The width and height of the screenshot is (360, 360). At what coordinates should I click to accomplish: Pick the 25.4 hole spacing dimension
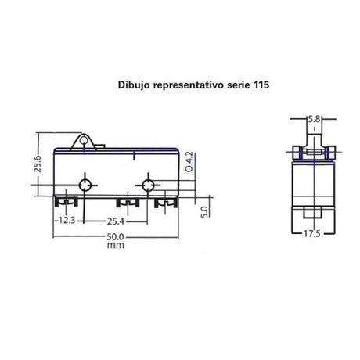pos(115,221)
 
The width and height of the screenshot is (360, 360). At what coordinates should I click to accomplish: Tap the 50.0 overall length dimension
pos(116,236)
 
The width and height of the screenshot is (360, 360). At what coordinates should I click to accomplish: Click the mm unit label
pos(116,246)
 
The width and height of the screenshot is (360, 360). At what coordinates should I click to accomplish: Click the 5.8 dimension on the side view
pos(312,120)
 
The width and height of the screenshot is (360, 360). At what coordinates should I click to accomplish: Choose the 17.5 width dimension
pos(312,233)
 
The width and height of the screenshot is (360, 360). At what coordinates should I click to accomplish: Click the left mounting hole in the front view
pos(85,185)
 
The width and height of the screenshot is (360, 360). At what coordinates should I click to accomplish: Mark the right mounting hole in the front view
pos(146,185)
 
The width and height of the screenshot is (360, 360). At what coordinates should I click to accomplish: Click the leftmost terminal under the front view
pos(61,203)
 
